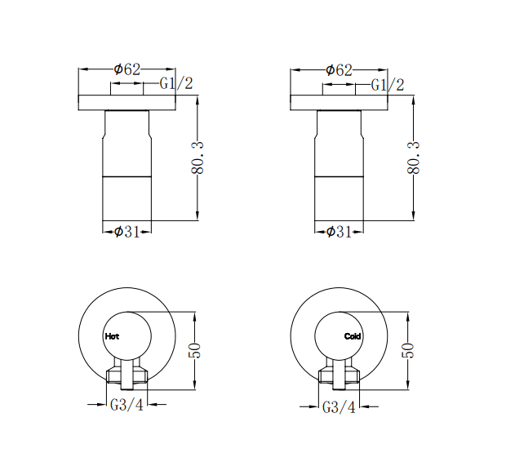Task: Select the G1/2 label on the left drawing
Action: [x=176, y=84]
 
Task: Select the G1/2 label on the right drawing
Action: [x=388, y=84]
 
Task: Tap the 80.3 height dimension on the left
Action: [x=198, y=158]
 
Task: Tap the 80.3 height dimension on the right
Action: [x=413, y=158]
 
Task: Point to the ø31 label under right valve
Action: [x=340, y=232]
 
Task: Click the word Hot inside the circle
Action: [x=112, y=335]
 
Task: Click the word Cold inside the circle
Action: [x=353, y=335]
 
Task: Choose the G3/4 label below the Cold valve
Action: [x=340, y=406]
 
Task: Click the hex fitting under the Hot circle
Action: [x=126, y=375]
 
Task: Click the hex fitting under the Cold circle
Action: [x=340, y=375]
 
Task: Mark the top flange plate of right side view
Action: [x=339, y=103]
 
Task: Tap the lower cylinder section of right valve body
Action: [x=339, y=198]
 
